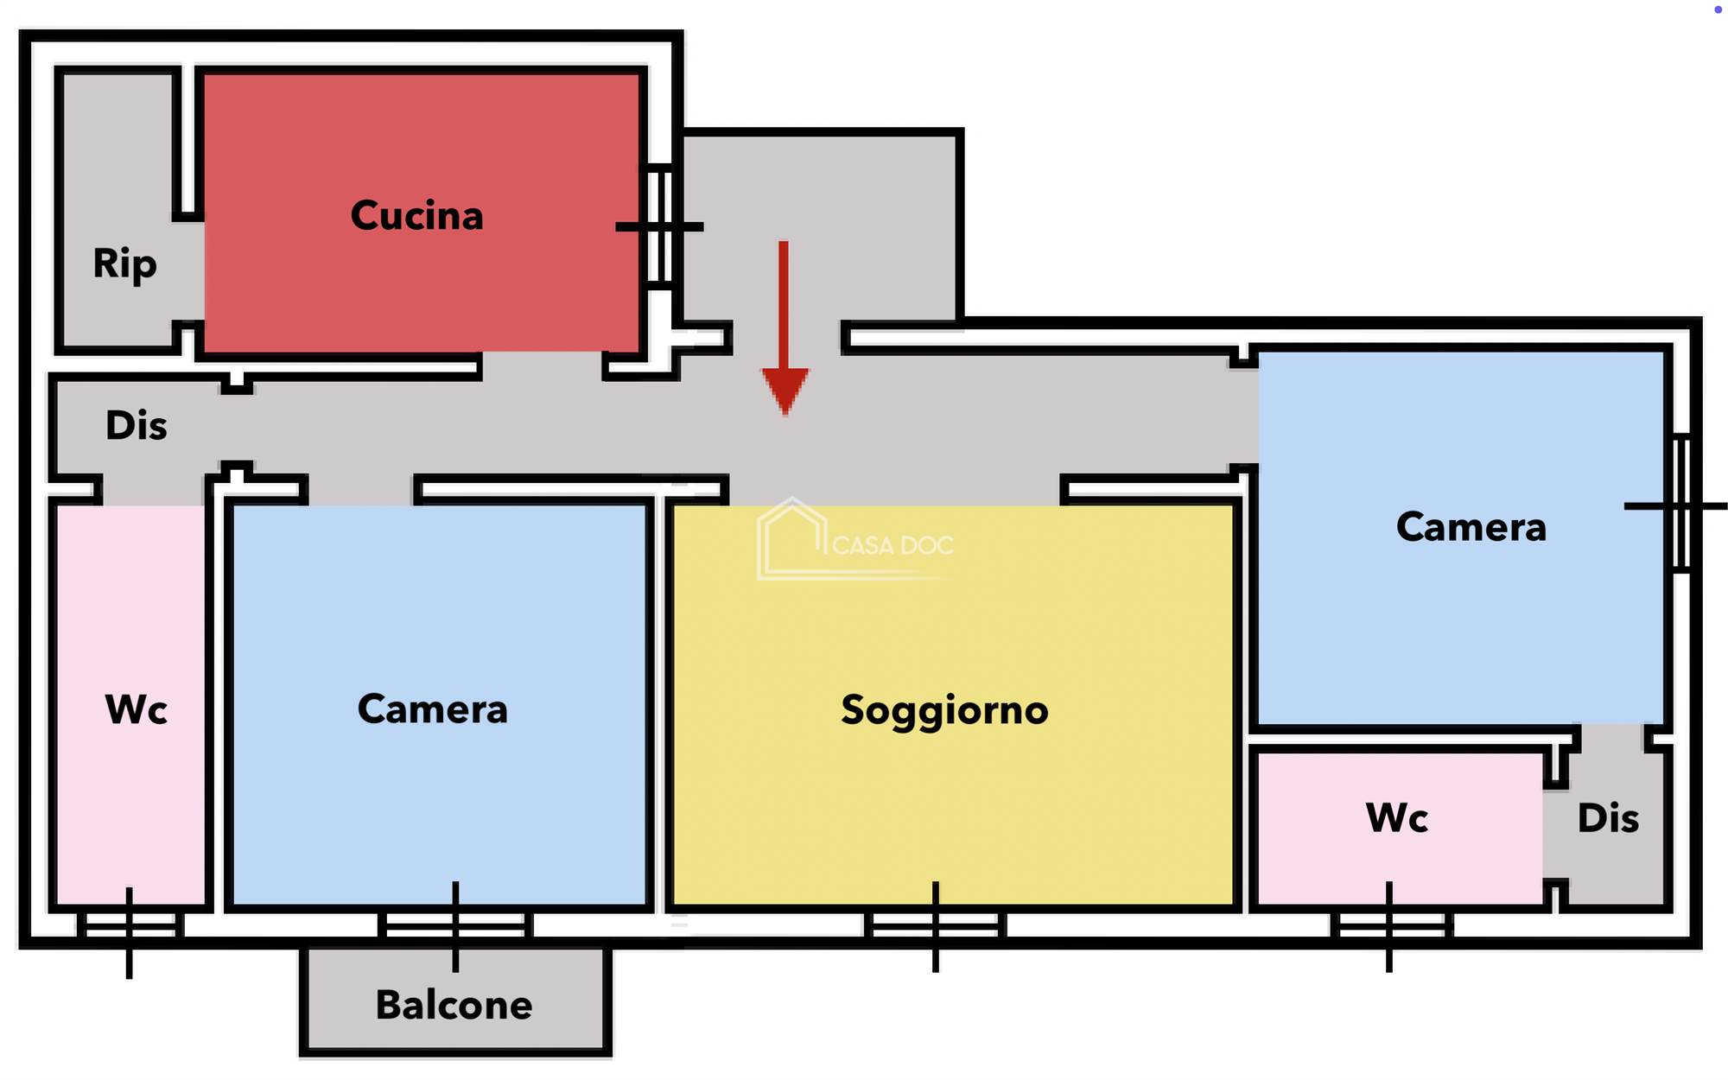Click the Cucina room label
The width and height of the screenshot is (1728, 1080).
416,216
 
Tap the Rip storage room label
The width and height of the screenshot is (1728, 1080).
124,264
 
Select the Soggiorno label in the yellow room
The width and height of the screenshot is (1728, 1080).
944,710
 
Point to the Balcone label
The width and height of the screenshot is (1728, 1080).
454,1005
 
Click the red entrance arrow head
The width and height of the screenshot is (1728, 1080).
785,389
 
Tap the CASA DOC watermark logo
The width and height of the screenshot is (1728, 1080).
855,540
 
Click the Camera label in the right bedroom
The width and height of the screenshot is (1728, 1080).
1471,527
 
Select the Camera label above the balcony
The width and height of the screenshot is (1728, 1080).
432,709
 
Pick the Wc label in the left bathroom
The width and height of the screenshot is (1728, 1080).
136,710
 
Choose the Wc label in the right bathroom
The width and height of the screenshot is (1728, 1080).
1396,817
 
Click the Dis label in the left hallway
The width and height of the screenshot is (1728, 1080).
136,426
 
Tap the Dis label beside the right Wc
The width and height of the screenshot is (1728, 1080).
1608,818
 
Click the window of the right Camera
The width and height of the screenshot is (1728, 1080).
1680,505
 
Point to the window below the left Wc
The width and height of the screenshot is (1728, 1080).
130,926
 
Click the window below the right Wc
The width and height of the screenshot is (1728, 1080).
1389,926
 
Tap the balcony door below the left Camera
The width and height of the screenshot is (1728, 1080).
455,926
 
